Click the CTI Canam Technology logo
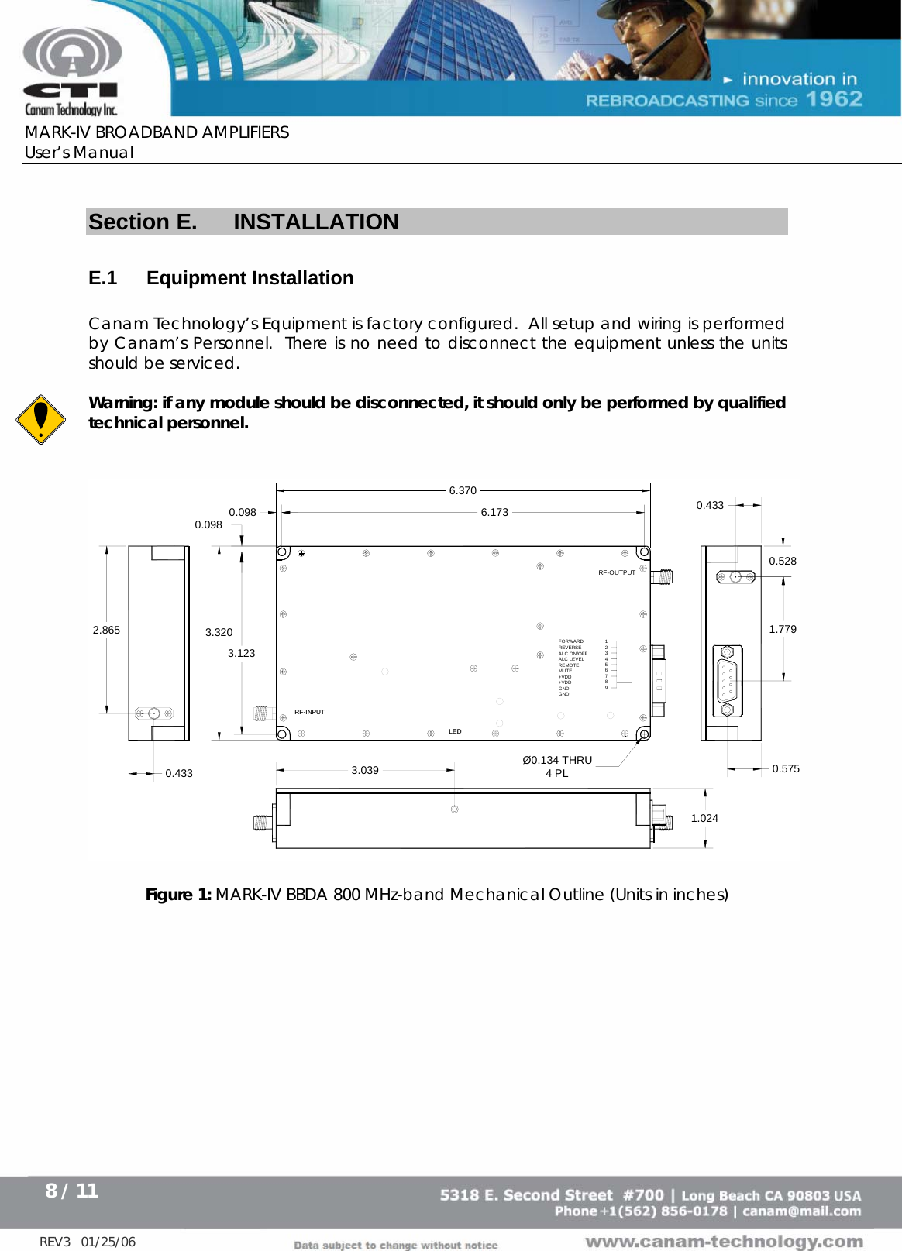(71, 72)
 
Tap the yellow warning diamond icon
(40, 419)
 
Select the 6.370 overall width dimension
(463, 490)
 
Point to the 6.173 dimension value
(494, 512)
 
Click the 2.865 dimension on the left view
(106, 630)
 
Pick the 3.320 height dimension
(219, 632)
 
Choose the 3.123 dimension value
(241, 653)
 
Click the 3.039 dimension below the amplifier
(365, 770)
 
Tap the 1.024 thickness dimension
(704, 818)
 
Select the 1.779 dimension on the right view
(783, 629)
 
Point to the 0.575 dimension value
(786, 768)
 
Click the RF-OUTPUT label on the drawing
(617, 572)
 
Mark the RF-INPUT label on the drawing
(309, 712)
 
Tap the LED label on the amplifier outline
(455, 731)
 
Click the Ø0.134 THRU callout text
(557, 760)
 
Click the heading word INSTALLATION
(316, 222)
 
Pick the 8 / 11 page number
(72, 1191)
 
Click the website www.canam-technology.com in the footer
(724, 1242)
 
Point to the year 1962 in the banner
(834, 99)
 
